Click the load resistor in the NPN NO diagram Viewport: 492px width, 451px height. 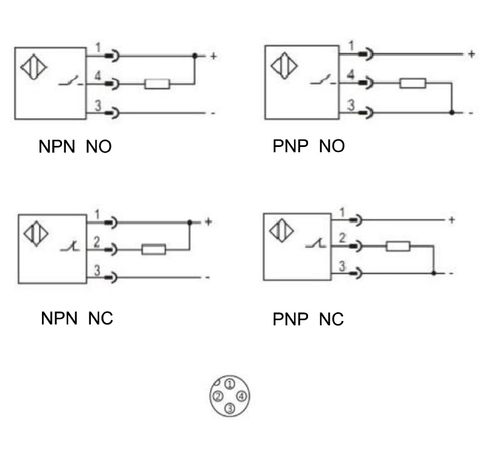pyautogui.click(x=156, y=84)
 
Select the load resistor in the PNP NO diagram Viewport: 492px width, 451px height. pyautogui.click(x=413, y=83)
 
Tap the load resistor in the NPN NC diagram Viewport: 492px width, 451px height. pyautogui.click(x=153, y=250)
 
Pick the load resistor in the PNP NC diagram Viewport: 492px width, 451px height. pyautogui.click(x=398, y=246)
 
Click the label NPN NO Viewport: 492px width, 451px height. pyautogui.click(x=76, y=148)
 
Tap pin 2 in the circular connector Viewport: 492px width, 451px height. pyautogui.click(x=217, y=397)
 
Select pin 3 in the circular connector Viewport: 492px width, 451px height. pyautogui.click(x=230, y=408)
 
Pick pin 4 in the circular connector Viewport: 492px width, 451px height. pyautogui.click(x=242, y=396)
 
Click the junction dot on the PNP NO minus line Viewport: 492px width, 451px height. pyautogui.click(x=452, y=113)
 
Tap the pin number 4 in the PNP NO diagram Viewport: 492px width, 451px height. pyautogui.click(x=351, y=75)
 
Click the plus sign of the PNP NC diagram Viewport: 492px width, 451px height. pyautogui.click(x=452, y=220)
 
